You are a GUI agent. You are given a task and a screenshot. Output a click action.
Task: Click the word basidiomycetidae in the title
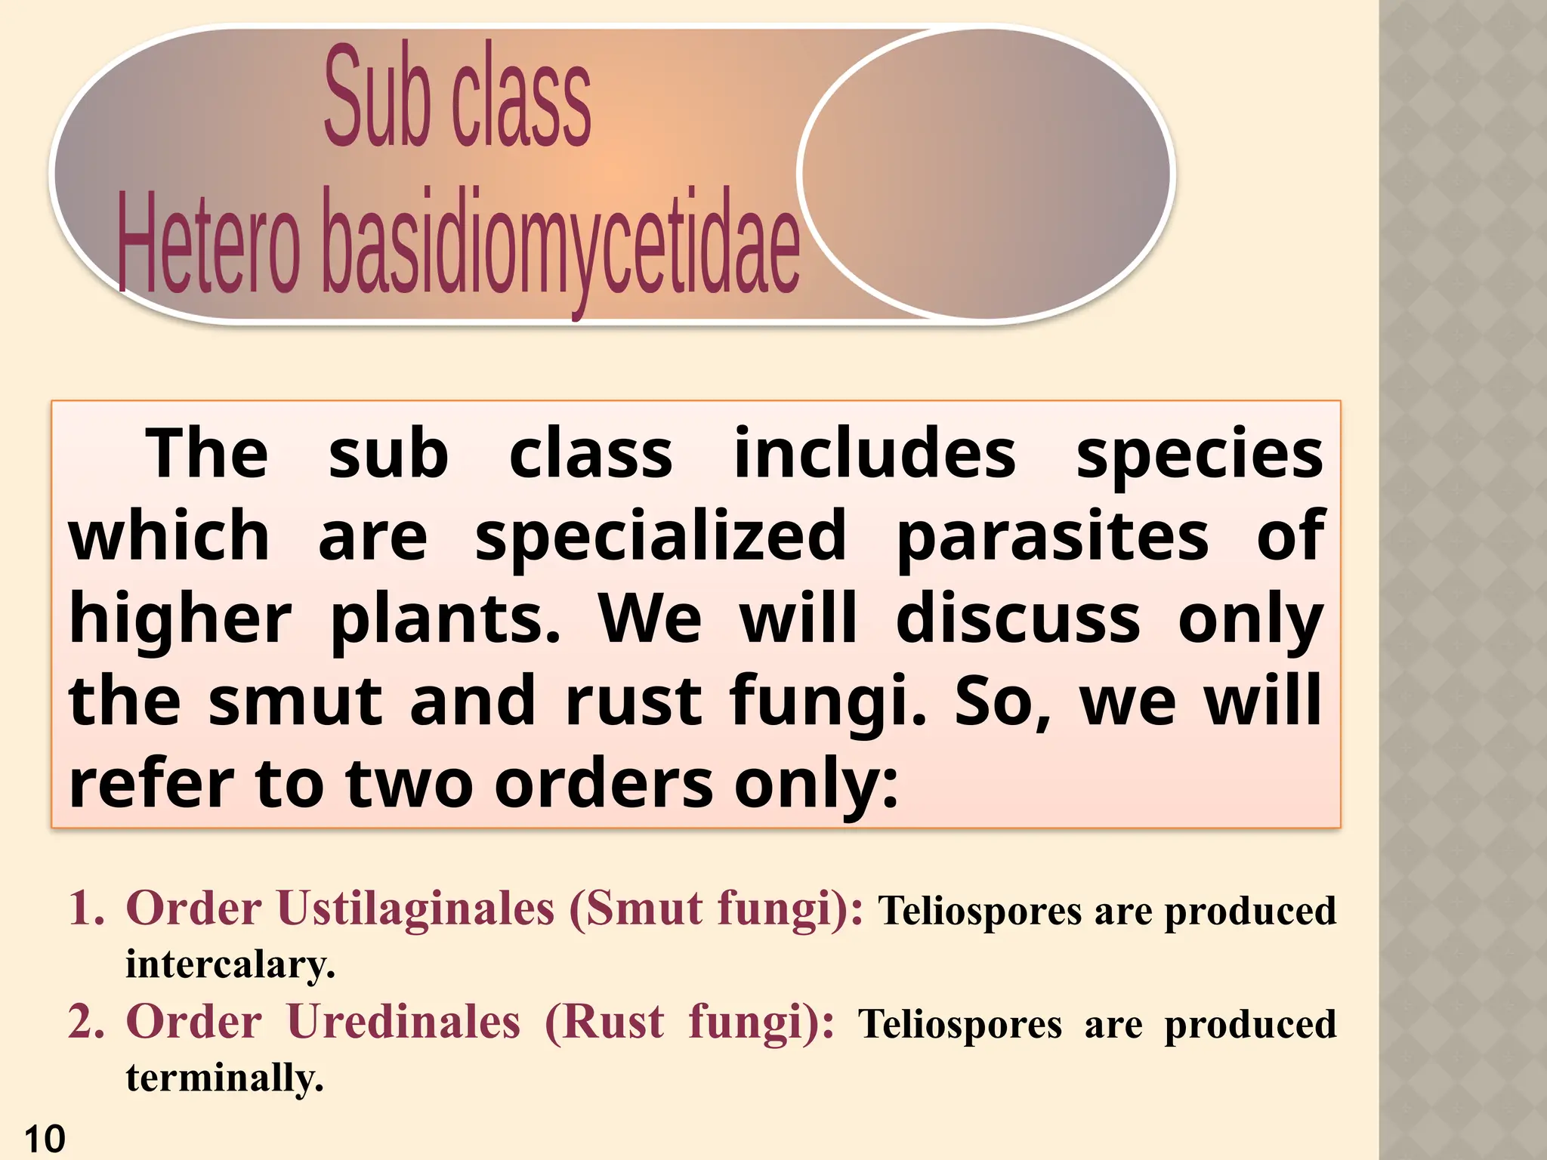point(560,245)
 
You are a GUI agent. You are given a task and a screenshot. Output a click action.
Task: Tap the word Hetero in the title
point(208,245)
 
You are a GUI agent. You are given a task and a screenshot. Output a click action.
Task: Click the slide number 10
point(45,1139)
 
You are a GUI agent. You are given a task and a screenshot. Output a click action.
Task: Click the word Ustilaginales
point(415,908)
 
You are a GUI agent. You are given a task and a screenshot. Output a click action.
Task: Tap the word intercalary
point(230,964)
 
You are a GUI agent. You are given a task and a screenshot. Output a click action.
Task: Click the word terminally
point(224,1078)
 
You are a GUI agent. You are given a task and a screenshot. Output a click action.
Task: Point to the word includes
point(875,455)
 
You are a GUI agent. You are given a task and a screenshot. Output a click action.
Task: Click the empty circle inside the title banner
point(984,174)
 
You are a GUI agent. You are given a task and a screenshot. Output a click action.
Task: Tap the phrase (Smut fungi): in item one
point(715,908)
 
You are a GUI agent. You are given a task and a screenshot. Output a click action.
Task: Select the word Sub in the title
point(376,98)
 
